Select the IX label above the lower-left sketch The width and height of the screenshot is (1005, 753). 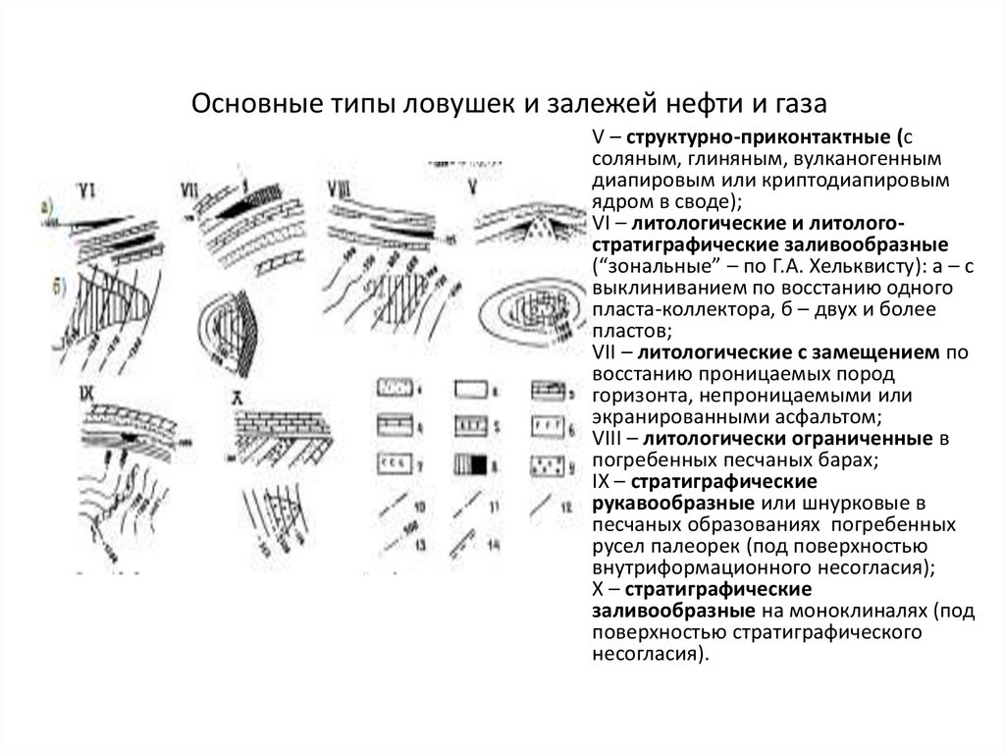point(87,394)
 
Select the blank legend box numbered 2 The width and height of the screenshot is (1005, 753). point(472,389)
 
